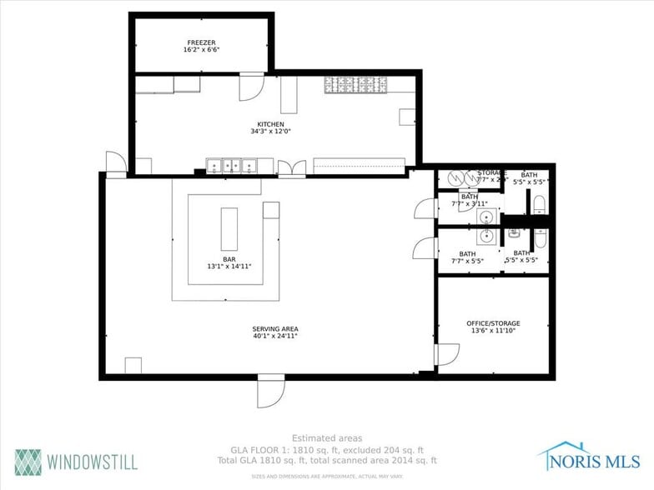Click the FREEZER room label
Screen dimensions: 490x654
pos(201,41)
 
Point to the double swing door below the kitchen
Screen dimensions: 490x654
pos(291,169)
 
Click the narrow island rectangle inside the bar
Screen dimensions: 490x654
pos(229,229)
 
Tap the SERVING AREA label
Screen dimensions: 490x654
pos(275,328)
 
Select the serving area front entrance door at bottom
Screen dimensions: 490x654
pos(271,391)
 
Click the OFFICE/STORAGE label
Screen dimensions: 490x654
pos(492,322)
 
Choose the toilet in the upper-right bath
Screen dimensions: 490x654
pos(538,204)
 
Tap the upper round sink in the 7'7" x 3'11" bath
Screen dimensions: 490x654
pos(485,217)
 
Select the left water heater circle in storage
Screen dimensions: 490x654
pos(455,177)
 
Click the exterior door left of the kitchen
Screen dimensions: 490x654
pos(115,164)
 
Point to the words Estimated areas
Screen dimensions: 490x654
pos(326,437)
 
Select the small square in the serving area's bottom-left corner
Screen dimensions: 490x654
pos(133,366)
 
